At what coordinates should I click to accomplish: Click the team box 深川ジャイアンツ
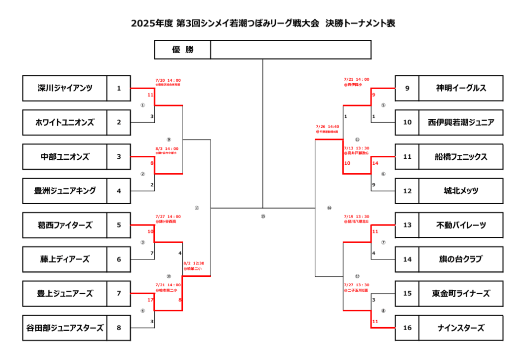[65, 88]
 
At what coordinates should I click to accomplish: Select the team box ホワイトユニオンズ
[65, 122]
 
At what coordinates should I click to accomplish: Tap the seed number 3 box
[119, 156]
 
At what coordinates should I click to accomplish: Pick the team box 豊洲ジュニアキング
[65, 191]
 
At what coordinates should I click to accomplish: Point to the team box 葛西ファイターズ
[65, 225]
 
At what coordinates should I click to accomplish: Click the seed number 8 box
[119, 328]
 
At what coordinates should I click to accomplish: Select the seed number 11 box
[407, 156]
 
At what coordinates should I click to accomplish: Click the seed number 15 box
[407, 293]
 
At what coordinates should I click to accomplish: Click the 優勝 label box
[183, 50]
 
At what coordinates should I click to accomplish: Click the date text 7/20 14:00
[168, 80]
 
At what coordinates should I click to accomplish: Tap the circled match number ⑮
[263, 216]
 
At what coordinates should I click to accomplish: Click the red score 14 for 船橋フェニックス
[375, 163]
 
